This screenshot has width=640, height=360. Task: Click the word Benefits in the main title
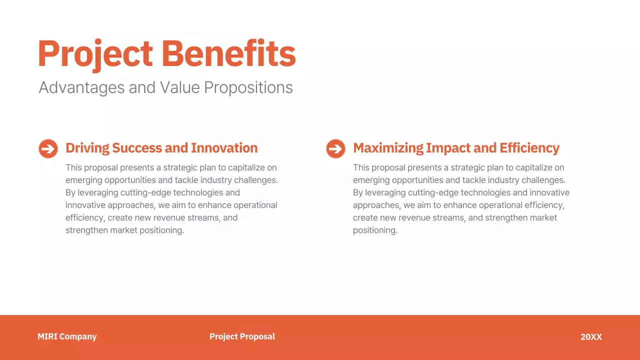[x=228, y=54]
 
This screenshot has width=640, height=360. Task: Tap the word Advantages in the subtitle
[x=81, y=88]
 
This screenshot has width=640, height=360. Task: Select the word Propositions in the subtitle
[x=248, y=88]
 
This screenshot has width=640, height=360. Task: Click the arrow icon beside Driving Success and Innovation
[x=48, y=148]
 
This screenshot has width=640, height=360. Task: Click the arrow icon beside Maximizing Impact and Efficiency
[x=335, y=148]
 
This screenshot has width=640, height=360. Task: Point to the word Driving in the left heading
[x=87, y=148]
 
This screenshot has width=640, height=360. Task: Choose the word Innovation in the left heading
[x=224, y=148]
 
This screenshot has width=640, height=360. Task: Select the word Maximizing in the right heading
[x=388, y=148]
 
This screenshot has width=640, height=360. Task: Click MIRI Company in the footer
[x=67, y=336]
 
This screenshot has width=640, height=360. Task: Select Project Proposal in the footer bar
[x=242, y=336]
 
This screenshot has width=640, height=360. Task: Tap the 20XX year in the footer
[x=591, y=337]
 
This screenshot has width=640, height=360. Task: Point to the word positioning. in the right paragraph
[x=375, y=230]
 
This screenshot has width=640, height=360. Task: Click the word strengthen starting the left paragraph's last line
[x=86, y=230]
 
